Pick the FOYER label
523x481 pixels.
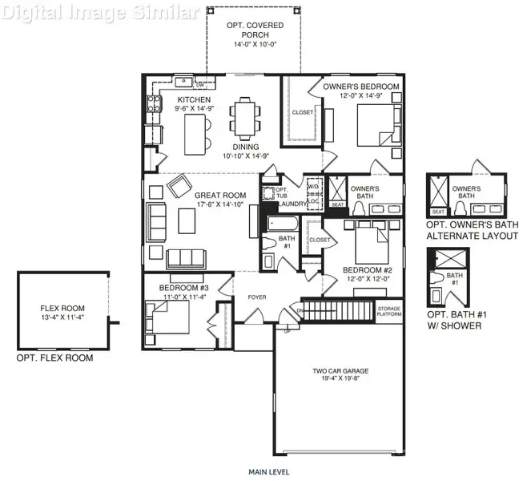[256, 297]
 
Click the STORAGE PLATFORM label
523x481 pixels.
[389, 311]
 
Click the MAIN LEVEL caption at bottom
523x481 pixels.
[269, 472]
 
